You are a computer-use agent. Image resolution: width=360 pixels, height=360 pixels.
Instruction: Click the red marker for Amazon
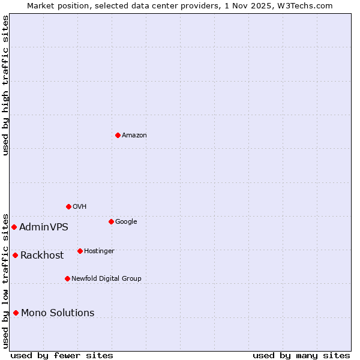(118, 135)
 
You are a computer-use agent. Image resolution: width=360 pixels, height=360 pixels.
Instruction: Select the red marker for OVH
(68, 206)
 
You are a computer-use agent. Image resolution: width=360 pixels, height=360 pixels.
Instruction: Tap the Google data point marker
(111, 221)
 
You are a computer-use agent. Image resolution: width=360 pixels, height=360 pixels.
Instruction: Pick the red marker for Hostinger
(80, 251)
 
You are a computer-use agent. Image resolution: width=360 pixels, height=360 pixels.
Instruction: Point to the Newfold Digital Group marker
(67, 278)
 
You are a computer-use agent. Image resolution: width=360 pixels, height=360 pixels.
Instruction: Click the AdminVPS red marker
(14, 227)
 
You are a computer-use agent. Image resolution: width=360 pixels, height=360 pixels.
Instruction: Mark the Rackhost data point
(15, 255)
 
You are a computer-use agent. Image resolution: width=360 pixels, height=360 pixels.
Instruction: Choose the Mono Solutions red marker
(16, 313)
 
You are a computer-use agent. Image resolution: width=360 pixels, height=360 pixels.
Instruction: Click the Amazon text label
(134, 135)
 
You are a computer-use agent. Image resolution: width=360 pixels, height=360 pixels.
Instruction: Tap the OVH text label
(80, 206)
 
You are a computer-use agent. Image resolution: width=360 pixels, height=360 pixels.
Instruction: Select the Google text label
(126, 221)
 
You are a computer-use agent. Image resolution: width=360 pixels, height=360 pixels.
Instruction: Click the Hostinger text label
(99, 251)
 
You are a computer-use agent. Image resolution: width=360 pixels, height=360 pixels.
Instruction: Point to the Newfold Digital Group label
(106, 278)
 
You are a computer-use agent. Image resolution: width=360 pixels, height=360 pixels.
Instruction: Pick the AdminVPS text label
(44, 227)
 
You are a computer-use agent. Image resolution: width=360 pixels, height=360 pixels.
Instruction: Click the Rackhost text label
(42, 255)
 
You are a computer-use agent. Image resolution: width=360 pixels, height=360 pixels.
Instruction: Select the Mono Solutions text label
(58, 313)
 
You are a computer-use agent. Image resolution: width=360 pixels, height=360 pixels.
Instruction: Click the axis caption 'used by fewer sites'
(62, 355)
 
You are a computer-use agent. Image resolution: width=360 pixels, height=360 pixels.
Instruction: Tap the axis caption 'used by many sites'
(301, 355)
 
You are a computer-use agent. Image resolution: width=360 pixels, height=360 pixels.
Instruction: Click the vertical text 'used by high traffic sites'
(5, 85)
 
